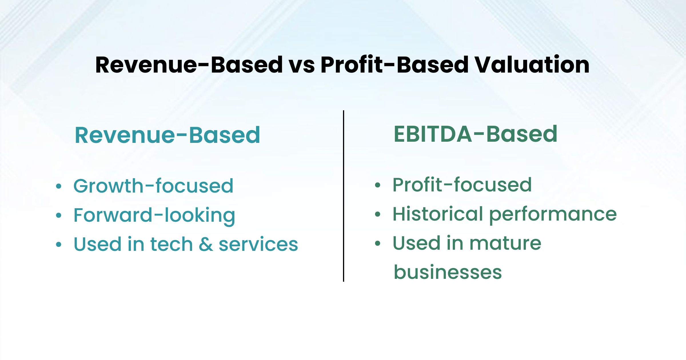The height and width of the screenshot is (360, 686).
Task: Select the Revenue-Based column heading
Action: click(167, 135)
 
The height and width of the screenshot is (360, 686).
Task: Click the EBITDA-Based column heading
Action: click(475, 134)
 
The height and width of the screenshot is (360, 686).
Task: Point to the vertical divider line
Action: click(343, 196)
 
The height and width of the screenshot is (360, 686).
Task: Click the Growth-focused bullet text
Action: click(153, 186)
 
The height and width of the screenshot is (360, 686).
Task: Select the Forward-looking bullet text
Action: click(154, 215)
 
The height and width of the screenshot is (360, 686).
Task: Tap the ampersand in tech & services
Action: click(206, 244)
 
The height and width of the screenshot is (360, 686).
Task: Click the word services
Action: click(258, 245)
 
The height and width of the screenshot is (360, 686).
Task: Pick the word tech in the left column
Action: click(171, 244)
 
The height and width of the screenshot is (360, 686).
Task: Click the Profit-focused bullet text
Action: click(462, 185)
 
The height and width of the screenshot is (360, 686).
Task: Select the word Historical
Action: click(438, 214)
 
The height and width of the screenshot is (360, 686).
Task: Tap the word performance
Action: click(553, 215)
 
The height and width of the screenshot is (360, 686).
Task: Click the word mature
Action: click(505, 243)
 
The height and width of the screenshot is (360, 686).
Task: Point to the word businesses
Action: click(448, 272)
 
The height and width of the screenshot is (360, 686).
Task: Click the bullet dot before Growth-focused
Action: click(59, 186)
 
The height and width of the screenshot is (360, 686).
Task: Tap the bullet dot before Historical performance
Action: click(378, 214)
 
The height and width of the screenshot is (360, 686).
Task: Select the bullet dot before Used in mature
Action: click(378, 243)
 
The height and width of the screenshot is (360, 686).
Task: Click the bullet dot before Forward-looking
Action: click(59, 215)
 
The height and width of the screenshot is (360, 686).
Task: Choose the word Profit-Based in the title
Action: click(394, 65)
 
